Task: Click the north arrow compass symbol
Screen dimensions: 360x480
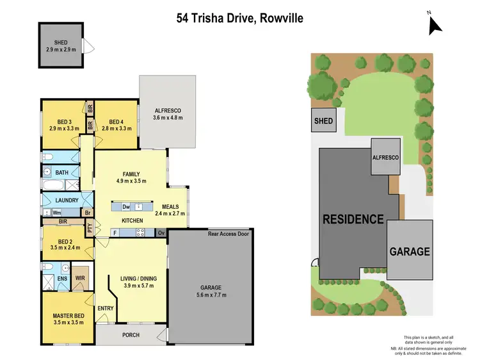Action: click(x=435, y=24)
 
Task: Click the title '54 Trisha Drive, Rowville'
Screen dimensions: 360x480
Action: click(x=240, y=18)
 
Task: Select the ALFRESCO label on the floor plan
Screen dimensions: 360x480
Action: click(x=168, y=110)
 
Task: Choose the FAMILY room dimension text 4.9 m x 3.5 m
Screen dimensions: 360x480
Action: click(x=132, y=181)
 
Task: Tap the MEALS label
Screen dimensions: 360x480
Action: click(x=170, y=206)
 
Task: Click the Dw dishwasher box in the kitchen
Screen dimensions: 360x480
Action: click(x=126, y=206)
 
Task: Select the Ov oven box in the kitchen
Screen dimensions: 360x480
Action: click(x=161, y=233)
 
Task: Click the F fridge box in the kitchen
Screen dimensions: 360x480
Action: click(x=115, y=233)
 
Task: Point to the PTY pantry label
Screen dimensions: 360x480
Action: click(x=90, y=227)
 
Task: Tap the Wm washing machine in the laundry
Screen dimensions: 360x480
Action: click(x=56, y=212)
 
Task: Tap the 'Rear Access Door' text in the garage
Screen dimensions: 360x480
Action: click(x=228, y=233)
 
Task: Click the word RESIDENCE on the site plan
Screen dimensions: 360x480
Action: click(x=353, y=218)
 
